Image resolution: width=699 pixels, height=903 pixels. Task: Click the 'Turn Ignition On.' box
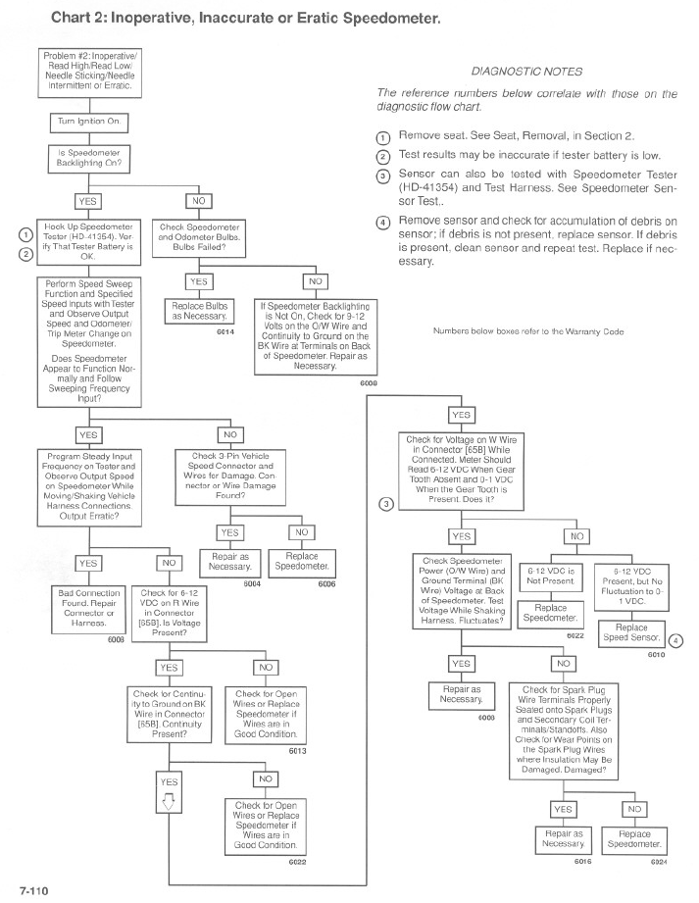[89, 123]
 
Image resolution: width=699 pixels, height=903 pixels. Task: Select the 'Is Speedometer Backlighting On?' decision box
[88, 159]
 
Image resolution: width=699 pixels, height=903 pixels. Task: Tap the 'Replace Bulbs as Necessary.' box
[199, 311]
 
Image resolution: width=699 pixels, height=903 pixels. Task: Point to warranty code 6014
[225, 331]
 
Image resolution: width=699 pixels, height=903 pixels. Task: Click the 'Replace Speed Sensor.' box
[631, 632]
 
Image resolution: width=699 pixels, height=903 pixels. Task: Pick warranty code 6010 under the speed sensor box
[657, 654]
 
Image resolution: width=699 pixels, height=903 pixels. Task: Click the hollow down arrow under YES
[168, 801]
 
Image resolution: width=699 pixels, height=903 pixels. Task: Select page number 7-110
[34, 891]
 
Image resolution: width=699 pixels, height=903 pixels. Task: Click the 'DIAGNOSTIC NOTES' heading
[526, 72]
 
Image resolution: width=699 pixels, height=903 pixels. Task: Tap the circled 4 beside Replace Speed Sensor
[676, 640]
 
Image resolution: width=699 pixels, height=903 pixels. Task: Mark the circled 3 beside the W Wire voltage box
[386, 504]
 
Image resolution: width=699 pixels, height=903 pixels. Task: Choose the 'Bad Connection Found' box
[89, 608]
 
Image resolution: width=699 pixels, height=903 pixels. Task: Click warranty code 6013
[298, 751]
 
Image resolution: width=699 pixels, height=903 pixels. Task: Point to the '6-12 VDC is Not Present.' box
[550, 577]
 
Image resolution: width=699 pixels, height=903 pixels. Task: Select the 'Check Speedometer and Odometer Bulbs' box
[199, 237]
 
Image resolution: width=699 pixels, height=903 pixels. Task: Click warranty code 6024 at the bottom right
[659, 862]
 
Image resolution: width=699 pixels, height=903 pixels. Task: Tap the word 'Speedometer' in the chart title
[391, 18]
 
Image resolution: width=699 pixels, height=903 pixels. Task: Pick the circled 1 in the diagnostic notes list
[383, 138]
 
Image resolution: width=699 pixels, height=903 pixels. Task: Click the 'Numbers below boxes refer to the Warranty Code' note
[528, 331]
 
